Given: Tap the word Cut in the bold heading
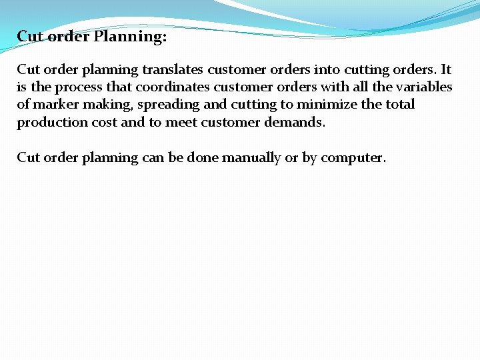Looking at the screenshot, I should coord(29,36).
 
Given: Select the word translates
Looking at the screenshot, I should coord(173,69).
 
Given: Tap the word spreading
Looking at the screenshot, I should coord(168,105).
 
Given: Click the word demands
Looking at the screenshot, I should coord(295,122).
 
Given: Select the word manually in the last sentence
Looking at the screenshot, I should coord(254,158).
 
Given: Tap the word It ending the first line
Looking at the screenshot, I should coord(446,69).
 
